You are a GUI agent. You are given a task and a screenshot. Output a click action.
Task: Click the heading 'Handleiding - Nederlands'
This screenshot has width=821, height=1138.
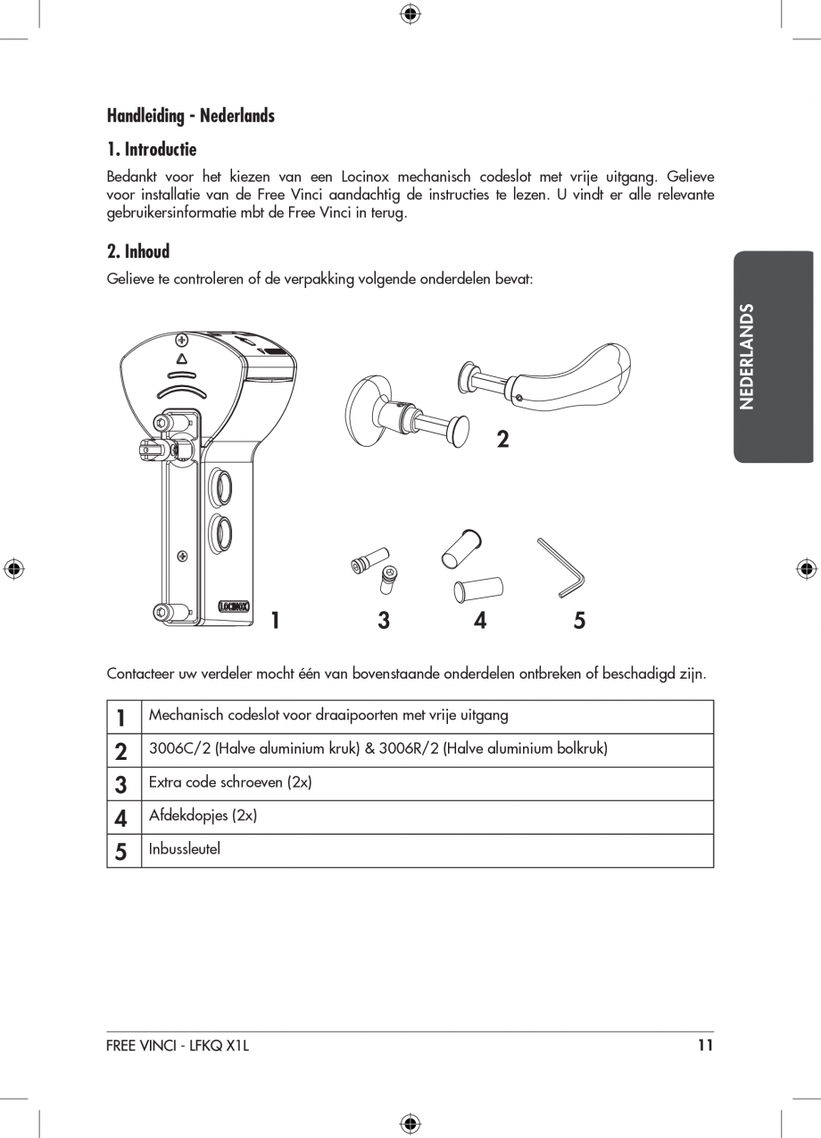point(190,116)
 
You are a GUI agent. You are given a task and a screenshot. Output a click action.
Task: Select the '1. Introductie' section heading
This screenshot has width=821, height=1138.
point(151,149)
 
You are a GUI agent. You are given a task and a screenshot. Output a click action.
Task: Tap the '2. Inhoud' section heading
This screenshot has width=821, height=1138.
point(137,252)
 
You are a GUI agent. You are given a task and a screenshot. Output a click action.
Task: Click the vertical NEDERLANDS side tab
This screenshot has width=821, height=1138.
point(748,357)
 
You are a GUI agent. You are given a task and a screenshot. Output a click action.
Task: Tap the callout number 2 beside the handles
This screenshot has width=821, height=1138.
point(502,439)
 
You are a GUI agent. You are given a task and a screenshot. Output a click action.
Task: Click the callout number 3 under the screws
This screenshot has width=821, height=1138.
point(383,621)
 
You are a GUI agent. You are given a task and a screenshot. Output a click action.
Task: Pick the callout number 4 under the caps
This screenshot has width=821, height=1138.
point(480,621)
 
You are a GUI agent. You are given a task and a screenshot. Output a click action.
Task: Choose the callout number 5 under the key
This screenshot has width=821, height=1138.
point(579,621)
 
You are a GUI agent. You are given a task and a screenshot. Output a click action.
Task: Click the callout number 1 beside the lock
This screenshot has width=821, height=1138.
point(276,621)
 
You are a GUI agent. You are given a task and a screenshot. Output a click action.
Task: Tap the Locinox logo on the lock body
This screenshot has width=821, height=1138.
point(233,606)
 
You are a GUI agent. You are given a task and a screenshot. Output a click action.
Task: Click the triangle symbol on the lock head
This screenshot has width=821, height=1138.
point(182,359)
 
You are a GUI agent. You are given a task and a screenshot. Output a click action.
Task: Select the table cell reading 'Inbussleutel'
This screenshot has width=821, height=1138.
point(185,849)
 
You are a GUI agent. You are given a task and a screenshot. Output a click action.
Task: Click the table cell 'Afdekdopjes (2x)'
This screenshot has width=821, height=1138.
point(203,815)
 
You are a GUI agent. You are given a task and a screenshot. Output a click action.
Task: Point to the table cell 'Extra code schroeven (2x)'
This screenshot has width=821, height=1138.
point(229,782)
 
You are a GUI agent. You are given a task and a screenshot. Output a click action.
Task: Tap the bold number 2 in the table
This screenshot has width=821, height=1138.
point(121,751)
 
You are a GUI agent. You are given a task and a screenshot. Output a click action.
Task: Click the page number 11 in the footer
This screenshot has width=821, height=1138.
point(705,1046)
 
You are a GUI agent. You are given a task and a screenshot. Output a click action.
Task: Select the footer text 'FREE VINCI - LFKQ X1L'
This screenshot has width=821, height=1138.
point(178,1046)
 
